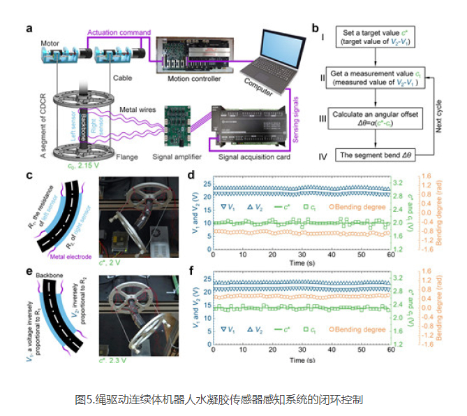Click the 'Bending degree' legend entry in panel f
coord(358,329)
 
